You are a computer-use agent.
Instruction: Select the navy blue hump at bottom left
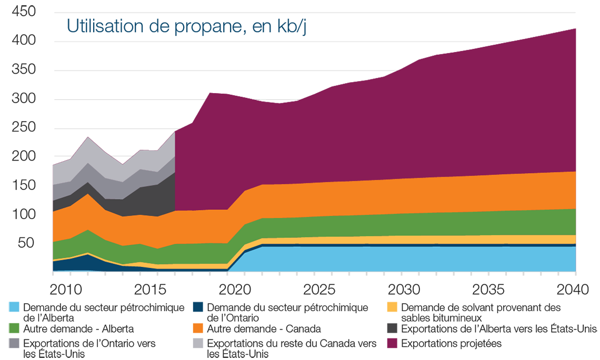[x=84, y=262]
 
